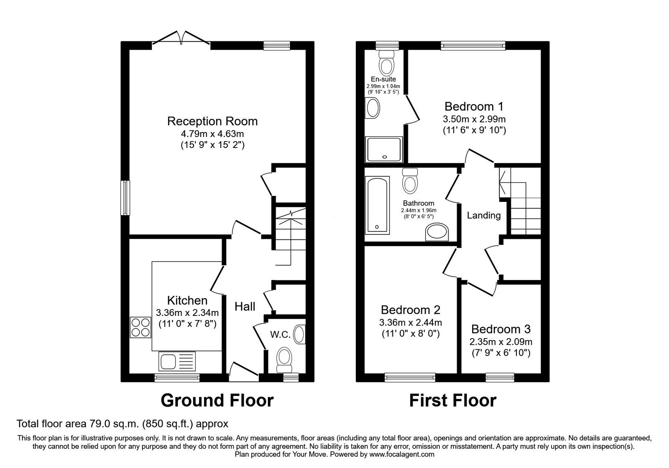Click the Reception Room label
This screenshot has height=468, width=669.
(x=212, y=121)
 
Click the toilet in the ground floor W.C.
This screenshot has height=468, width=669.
(x=286, y=359)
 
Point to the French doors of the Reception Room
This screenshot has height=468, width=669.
(x=181, y=38)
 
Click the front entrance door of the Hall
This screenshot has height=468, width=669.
(x=244, y=370)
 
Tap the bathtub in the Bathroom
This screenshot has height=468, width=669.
(x=377, y=204)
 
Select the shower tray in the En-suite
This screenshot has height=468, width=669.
(x=384, y=150)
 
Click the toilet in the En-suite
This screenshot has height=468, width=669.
(x=386, y=63)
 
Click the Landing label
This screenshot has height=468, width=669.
(x=484, y=216)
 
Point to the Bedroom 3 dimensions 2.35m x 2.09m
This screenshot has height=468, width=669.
(x=501, y=342)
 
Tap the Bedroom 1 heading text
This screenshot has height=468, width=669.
(x=474, y=106)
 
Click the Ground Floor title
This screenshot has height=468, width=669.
(x=217, y=400)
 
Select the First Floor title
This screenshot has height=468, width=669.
(x=452, y=400)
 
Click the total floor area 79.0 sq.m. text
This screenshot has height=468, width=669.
(x=122, y=424)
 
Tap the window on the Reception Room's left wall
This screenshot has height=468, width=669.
(x=125, y=198)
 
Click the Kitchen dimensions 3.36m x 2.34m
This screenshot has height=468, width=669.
(x=187, y=313)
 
